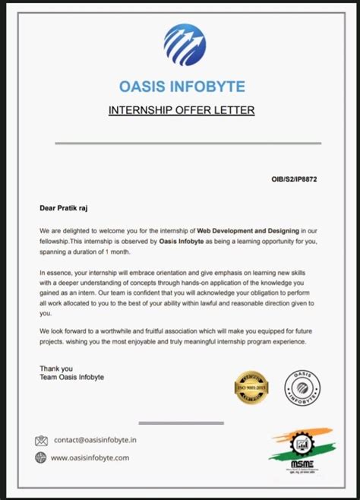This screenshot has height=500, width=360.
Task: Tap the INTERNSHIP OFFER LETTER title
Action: click(x=181, y=111)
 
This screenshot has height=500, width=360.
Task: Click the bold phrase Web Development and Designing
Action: click(x=249, y=229)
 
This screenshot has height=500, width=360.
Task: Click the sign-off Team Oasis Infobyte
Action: click(x=72, y=378)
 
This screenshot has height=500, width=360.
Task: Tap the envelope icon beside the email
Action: click(x=41, y=440)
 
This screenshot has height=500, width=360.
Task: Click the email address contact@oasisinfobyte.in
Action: click(x=95, y=440)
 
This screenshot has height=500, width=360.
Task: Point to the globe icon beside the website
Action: click(x=41, y=457)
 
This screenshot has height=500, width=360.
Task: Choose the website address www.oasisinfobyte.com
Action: click(x=90, y=457)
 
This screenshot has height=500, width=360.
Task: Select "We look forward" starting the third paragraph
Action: click(x=67, y=331)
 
